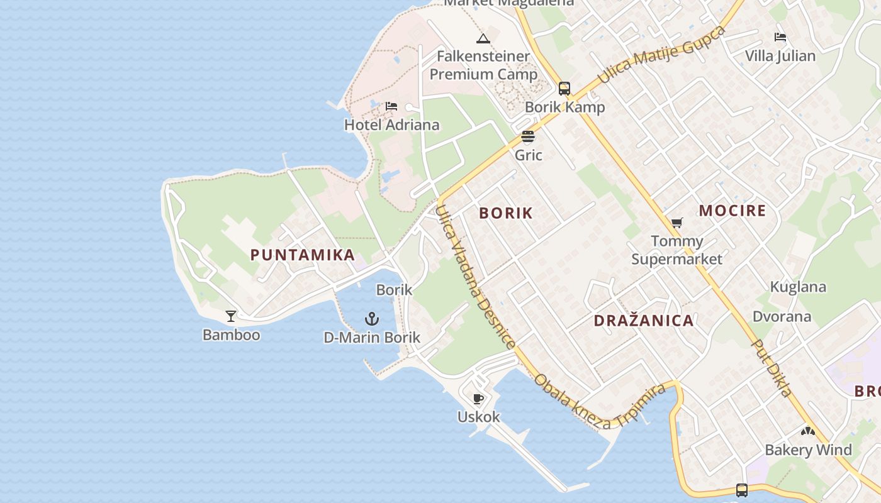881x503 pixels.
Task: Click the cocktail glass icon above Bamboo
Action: click(x=231, y=316)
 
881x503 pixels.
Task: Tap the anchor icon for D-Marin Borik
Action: click(x=372, y=319)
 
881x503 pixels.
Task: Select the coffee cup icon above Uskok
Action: click(x=478, y=399)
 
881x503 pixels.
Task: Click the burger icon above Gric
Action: click(x=528, y=136)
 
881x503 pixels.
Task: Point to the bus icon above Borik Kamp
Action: click(x=564, y=88)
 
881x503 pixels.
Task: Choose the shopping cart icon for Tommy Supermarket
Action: click(x=677, y=223)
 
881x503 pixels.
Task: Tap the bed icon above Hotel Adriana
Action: click(x=391, y=106)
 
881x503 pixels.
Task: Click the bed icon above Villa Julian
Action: click(x=780, y=37)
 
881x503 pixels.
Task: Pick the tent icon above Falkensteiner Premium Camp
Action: click(x=483, y=38)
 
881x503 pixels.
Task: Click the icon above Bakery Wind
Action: click(x=808, y=431)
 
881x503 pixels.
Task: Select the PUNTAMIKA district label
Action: click(x=303, y=255)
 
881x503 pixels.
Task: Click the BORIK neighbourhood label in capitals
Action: click(x=506, y=213)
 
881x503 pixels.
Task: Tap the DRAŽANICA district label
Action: click(x=644, y=321)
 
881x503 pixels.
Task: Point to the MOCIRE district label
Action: click(x=732, y=211)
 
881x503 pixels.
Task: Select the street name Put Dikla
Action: click(x=772, y=369)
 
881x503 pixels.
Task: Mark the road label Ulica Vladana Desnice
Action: click(x=476, y=277)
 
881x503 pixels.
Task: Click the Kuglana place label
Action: click(x=798, y=287)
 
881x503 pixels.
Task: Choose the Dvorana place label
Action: click(x=782, y=316)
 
